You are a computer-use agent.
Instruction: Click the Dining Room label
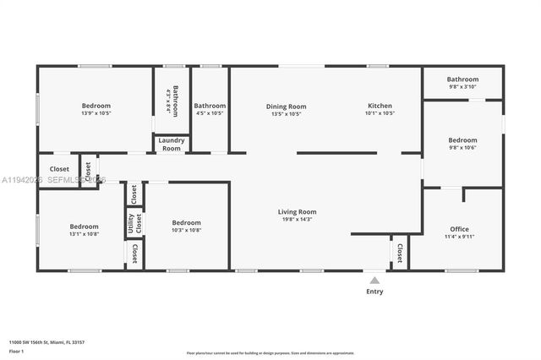click(x=286, y=106)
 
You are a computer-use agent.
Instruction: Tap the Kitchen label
click(x=380, y=106)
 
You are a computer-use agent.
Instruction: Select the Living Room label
click(x=297, y=212)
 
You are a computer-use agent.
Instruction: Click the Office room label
click(x=459, y=229)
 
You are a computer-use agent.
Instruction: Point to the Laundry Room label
click(x=171, y=144)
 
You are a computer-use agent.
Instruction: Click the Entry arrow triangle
click(x=374, y=280)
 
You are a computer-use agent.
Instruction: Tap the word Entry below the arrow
click(x=374, y=292)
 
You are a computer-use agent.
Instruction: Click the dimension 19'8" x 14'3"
click(x=297, y=220)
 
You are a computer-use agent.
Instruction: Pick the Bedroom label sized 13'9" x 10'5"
click(x=96, y=106)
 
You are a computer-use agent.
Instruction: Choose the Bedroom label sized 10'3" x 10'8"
click(x=186, y=223)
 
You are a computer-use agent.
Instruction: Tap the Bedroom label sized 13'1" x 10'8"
click(x=84, y=226)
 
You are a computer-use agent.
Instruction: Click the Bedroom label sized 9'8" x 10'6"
click(x=462, y=140)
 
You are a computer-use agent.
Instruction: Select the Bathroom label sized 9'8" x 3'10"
click(x=462, y=79)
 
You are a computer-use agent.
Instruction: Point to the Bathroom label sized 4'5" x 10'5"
click(x=210, y=106)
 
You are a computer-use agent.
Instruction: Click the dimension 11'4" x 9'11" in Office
click(x=459, y=237)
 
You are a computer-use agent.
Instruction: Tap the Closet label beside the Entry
click(x=399, y=252)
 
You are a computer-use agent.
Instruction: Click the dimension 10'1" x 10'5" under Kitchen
click(x=380, y=113)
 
